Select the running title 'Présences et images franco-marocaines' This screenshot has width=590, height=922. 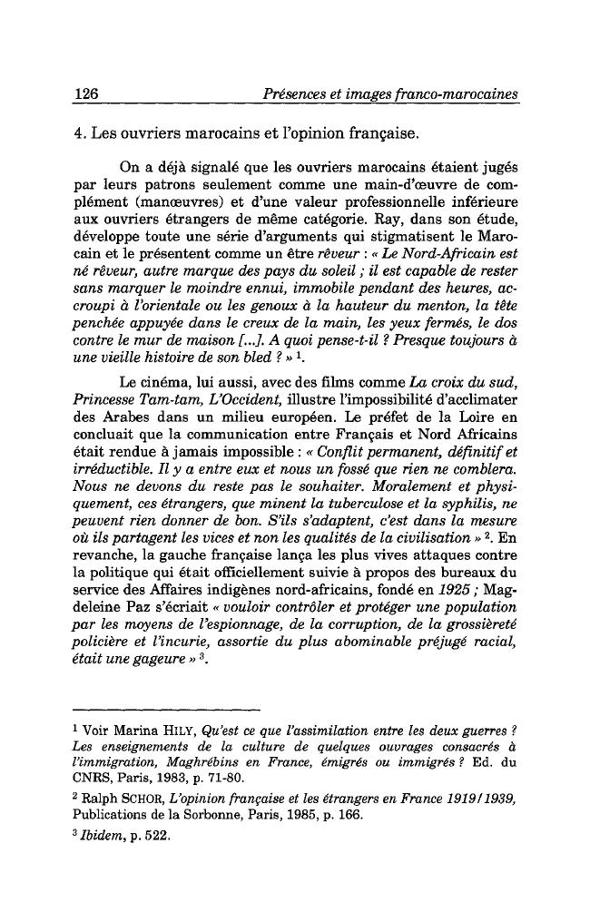click(388, 94)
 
